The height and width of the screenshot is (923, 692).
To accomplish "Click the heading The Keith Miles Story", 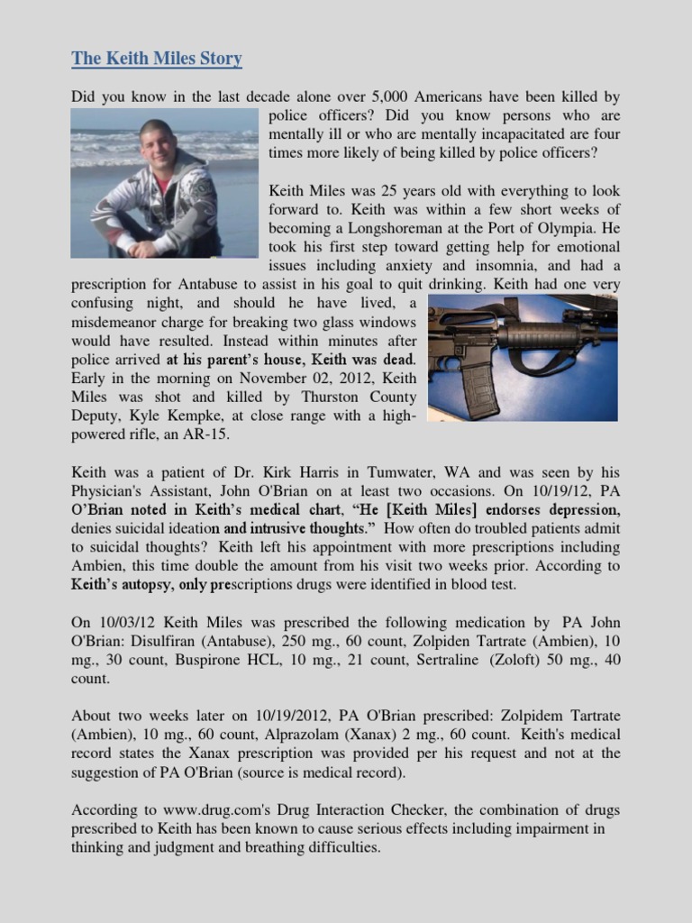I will point(157,59).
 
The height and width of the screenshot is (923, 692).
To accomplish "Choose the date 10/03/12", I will point(126,623).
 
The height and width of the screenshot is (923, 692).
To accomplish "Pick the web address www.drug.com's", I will point(204,810).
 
